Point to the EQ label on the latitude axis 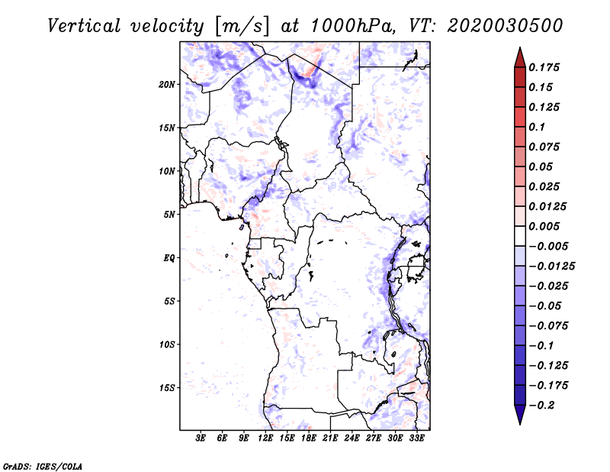169,258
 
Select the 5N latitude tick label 170,215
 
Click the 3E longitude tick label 201,438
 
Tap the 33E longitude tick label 417,438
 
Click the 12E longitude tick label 266,438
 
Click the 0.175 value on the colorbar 544,67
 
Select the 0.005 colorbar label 544,227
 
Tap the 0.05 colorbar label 541,166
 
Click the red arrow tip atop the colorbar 519,53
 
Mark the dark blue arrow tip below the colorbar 519,418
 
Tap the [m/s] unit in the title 243,26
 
